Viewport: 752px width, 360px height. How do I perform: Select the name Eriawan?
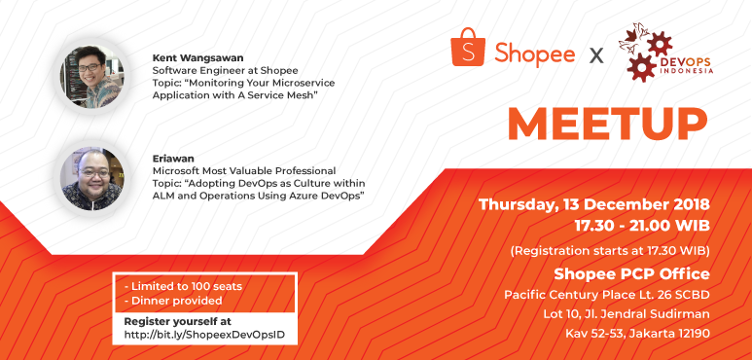175,157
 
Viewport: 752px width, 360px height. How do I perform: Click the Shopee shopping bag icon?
467,47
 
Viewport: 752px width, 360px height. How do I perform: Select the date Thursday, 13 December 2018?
594,205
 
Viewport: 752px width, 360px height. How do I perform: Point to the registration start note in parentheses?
609,250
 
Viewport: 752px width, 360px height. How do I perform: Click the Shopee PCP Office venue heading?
630,272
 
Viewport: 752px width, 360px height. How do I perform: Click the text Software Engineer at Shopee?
225,70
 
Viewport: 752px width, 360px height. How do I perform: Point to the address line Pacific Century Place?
606,294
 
